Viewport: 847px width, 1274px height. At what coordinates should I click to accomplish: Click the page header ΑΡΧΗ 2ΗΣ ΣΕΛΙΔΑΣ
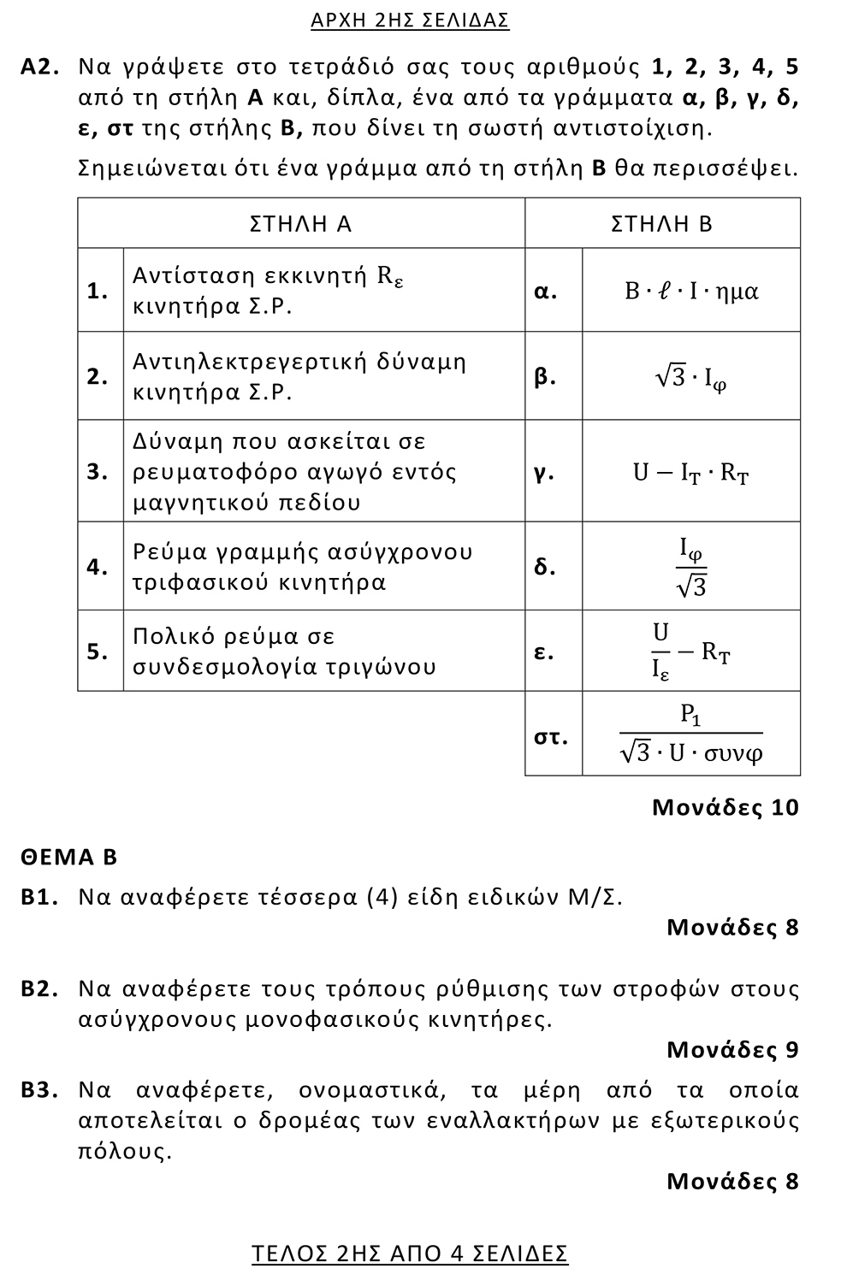pyautogui.click(x=410, y=20)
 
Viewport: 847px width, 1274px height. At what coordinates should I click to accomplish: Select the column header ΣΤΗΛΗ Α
pyautogui.click(x=300, y=224)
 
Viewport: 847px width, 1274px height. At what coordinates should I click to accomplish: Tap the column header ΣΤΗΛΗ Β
pyautogui.click(x=661, y=224)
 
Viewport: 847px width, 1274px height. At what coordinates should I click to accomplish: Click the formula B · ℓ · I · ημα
pyautogui.click(x=691, y=292)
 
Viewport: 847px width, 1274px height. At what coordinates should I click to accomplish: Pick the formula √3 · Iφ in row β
pyautogui.click(x=691, y=377)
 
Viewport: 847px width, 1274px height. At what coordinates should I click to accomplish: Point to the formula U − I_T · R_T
pyautogui.click(x=691, y=472)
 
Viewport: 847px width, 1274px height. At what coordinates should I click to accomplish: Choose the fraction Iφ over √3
pyautogui.click(x=691, y=567)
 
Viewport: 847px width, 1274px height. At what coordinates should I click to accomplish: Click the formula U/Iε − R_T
pyautogui.click(x=691, y=652)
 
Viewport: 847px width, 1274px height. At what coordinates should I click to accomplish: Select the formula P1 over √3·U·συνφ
pyautogui.click(x=691, y=735)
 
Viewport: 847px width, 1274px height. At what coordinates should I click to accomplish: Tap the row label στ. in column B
pyautogui.click(x=551, y=736)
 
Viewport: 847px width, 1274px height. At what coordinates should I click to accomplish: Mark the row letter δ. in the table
pyautogui.click(x=545, y=567)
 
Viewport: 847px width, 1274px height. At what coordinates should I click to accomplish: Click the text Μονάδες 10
pyautogui.click(x=725, y=807)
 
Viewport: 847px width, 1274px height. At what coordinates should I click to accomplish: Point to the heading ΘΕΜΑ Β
pyautogui.click(x=69, y=857)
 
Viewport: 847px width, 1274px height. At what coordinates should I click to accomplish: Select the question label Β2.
pyautogui.click(x=39, y=989)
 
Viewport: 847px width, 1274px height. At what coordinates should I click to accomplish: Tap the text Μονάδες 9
pyautogui.click(x=732, y=1049)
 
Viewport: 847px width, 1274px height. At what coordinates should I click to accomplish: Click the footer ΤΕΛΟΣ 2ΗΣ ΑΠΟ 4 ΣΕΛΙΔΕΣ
pyautogui.click(x=410, y=1253)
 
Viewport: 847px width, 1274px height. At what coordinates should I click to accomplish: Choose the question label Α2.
pyautogui.click(x=39, y=67)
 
